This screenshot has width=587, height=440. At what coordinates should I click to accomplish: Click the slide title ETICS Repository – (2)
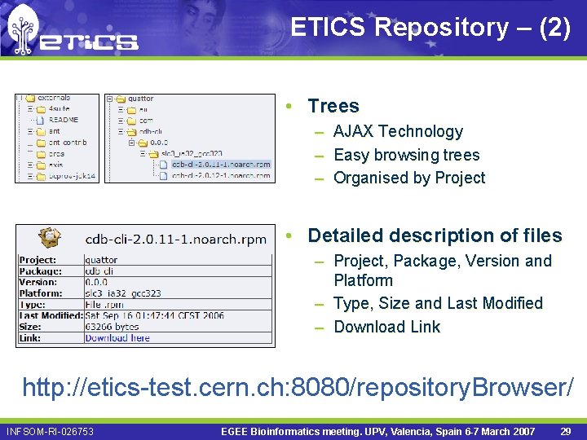[430, 27]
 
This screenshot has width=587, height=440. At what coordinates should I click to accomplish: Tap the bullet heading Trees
[333, 106]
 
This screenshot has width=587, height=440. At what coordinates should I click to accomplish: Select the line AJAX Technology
[398, 131]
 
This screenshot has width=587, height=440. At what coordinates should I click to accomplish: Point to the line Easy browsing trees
[406, 155]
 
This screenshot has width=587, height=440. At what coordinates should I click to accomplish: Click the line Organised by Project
[409, 178]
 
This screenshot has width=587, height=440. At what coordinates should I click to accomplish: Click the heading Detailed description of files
[435, 235]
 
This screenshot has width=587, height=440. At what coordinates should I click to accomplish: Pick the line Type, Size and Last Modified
[438, 303]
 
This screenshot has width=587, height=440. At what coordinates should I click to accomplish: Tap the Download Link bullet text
[386, 327]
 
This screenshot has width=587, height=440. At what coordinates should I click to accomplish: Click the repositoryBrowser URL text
[298, 386]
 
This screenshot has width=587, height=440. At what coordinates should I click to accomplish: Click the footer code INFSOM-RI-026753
[50, 431]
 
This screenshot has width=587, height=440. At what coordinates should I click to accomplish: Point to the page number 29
[564, 431]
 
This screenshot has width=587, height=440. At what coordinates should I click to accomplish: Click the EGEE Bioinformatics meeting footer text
[377, 431]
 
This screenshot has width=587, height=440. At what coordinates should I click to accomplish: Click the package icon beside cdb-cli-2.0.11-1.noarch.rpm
[50, 239]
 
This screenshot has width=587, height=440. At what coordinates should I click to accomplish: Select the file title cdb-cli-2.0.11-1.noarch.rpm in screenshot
[176, 240]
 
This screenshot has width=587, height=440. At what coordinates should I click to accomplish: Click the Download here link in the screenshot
[117, 337]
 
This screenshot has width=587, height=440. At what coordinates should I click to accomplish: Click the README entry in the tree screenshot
[63, 120]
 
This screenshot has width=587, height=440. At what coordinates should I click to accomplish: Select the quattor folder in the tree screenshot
[140, 99]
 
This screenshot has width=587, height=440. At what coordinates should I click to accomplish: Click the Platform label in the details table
[41, 293]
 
